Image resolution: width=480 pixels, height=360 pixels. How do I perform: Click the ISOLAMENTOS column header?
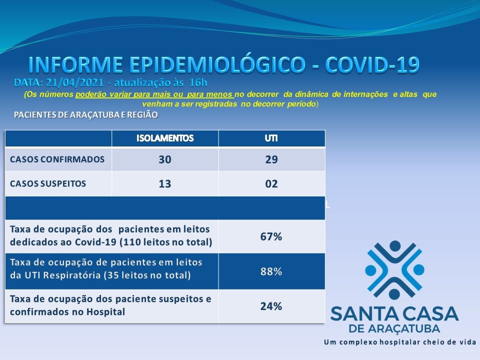pos(165,138)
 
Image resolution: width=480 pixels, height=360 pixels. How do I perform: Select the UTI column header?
pos(271,138)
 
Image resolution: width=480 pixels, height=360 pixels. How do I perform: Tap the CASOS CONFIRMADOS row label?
pos(57,159)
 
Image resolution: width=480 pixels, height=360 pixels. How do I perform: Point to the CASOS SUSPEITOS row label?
pos(48,183)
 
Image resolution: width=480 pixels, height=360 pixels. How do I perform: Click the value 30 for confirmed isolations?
pos(165,159)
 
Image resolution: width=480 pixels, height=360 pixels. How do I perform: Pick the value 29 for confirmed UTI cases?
pos(271,159)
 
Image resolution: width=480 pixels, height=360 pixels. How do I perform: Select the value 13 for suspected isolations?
pos(165,183)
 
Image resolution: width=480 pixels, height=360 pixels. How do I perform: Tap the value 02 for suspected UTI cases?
pos(271,183)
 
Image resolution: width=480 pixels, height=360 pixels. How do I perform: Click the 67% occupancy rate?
pos(271,236)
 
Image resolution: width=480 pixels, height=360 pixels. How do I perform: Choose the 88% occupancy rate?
pos(271,271)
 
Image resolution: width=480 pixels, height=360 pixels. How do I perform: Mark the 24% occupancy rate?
pos(271,306)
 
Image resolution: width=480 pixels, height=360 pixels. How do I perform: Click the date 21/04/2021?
pos(75,82)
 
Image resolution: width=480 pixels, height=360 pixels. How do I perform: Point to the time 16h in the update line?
pos(198,82)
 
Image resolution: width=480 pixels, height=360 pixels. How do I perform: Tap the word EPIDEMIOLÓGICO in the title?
pos(217,64)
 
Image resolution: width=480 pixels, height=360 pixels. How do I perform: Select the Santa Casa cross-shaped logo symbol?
pos(394,270)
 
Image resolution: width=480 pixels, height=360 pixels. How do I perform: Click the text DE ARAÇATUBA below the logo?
pos(394,329)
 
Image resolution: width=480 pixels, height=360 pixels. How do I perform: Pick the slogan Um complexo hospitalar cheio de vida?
pos(400,342)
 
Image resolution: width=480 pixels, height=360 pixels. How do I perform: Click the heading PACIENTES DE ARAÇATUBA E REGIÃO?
pos(86,115)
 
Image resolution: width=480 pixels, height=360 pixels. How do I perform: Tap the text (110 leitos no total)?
pos(165,242)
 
